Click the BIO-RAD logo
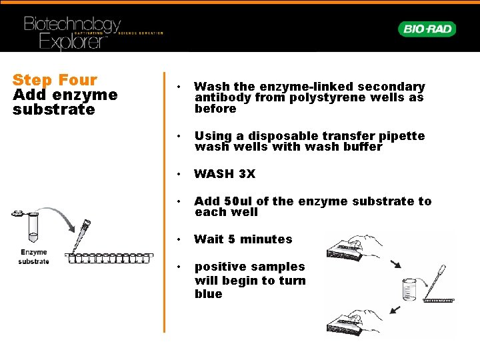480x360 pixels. [427, 29]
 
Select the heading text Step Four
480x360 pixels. [55, 80]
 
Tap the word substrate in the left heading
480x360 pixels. [53, 110]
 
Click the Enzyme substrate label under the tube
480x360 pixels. [33, 257]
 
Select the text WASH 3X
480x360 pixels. [224, 174]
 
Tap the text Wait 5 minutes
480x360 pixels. [243, 239]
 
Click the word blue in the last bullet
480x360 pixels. [208, 294]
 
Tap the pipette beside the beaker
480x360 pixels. [436, 280]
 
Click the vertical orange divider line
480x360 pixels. [164, 200]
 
